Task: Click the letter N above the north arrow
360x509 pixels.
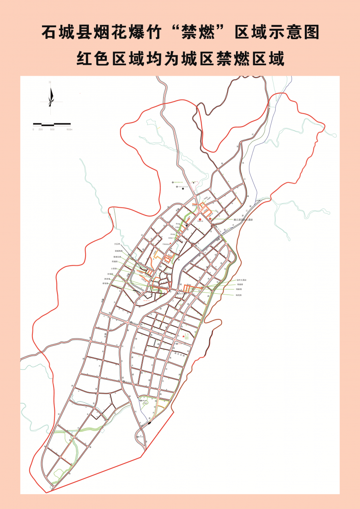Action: click(x=50, y=82)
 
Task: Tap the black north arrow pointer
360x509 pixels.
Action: click(x=51, y=97)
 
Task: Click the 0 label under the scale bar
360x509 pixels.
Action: click(x=33, y=130)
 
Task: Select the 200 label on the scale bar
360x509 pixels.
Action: click(x=40, y=130)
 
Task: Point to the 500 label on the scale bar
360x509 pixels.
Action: click(x=52, y=130)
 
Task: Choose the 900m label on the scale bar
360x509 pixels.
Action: click(x=69, y=130)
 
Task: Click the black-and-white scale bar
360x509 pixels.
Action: click(x=52, y=124)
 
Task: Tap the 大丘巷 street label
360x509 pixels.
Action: click(x=117, y=244)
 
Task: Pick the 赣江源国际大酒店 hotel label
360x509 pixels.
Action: click(x=244, y=220)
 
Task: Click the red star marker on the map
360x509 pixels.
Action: click(x=184, y=337)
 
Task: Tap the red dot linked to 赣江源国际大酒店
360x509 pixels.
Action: click(x=210, y=219)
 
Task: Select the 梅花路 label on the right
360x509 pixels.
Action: click(x=239, y=295)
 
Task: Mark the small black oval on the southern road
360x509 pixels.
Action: click(x=149, y=422)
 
